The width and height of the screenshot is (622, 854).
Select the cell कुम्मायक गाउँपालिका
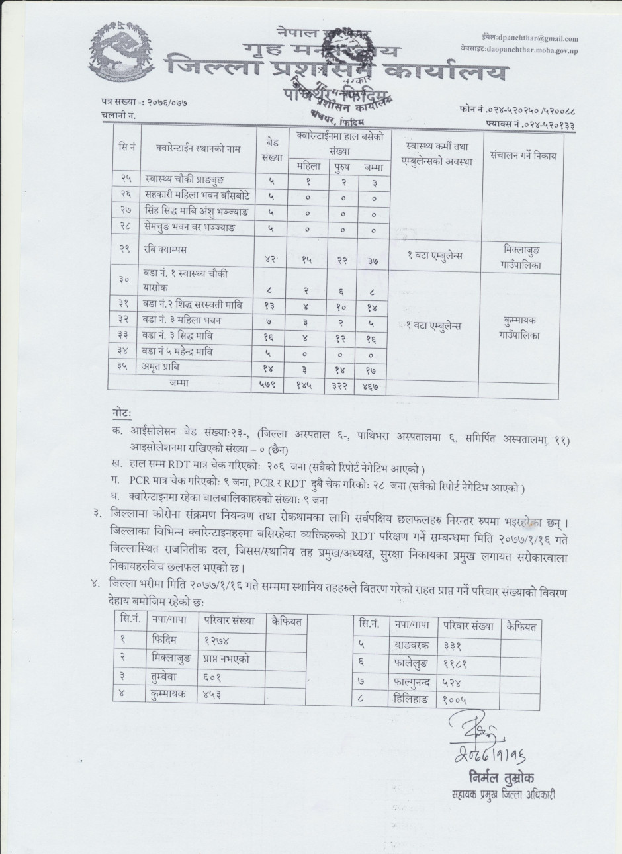(521, 327)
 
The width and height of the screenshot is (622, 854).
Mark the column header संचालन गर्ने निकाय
(523, 157)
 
